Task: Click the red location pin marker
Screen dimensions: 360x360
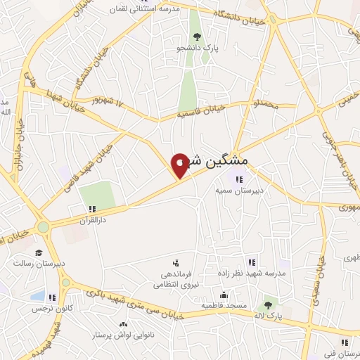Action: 180,165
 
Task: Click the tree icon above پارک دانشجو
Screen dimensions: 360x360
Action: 196,37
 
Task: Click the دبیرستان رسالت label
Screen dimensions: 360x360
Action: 39,263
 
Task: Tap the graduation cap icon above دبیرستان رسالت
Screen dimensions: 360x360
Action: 39,252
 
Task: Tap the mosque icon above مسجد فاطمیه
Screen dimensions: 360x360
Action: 224,295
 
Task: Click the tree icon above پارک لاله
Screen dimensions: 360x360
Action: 266,305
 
